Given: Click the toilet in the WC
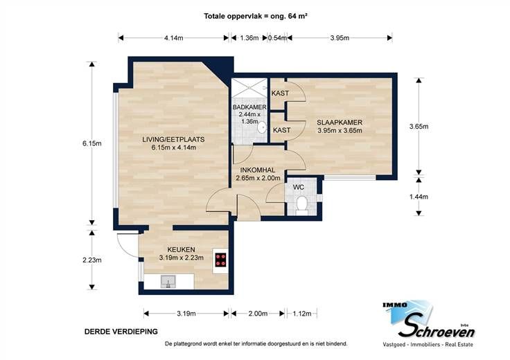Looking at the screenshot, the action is pos(302,206).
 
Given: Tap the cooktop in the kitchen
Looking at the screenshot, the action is pos(221,260).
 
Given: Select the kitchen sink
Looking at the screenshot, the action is pos(168,281).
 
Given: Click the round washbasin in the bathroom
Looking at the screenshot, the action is pos(262,127).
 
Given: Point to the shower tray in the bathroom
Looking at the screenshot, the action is pos(249,88).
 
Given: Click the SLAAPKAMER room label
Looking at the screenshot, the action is pos(340,123).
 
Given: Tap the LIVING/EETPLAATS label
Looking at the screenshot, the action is pos(173,139).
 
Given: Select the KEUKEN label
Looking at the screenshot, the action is pos(181,249).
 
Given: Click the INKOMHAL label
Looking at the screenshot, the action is pos(258,170).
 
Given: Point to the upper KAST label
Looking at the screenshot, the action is pos(280,93).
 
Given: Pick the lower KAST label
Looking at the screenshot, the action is pos(281,130).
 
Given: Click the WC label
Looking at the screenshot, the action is pos(299,187).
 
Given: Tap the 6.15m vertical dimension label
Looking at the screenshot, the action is pos(92,143).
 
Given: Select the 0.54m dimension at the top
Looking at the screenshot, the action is pos(277,38).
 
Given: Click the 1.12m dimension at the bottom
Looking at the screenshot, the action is pos(302,314).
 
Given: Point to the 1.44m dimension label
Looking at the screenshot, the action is pos(419,197).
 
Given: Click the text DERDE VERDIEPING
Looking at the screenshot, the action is pos(121,332).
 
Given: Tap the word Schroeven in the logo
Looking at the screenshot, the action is pos(437,328).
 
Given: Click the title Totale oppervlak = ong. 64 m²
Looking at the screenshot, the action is pos(256,16).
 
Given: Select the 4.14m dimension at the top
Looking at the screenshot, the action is pos(174,38).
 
